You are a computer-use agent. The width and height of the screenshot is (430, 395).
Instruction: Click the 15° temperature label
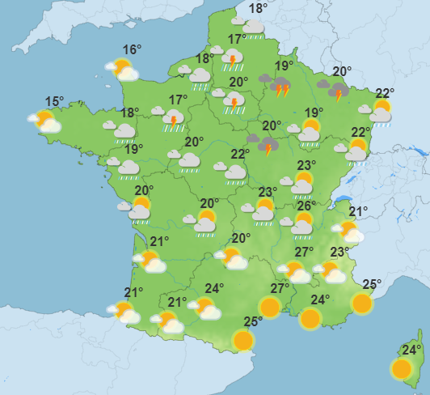(54, 102)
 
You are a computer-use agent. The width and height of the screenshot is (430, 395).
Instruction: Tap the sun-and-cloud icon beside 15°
(45, 121)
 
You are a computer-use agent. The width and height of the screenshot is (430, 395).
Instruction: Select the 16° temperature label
(132, 49)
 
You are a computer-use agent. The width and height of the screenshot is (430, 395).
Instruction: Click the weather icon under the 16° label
(122, 69)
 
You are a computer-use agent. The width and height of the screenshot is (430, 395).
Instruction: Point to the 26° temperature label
(306, 206)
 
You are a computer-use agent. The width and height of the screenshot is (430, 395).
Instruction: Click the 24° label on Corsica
(411, 350)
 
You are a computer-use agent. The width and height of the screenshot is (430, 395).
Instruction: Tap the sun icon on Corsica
(402, 369)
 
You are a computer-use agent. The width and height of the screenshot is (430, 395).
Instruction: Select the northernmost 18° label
(258, 9)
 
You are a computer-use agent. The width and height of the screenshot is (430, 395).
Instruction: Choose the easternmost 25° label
(371, 284)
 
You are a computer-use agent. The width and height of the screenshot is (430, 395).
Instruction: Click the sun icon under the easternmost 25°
(362, 304)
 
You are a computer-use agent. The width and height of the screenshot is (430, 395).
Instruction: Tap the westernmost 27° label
(279, 289)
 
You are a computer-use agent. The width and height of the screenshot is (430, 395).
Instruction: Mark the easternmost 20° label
(341, 71)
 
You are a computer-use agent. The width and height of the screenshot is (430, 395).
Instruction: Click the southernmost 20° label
(241, 238)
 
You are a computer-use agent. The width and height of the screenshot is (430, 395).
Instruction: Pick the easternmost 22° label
(384, 93)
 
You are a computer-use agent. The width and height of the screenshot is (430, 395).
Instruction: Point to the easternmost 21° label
(358, 212)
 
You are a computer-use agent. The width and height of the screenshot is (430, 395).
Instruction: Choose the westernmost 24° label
(213, 288)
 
